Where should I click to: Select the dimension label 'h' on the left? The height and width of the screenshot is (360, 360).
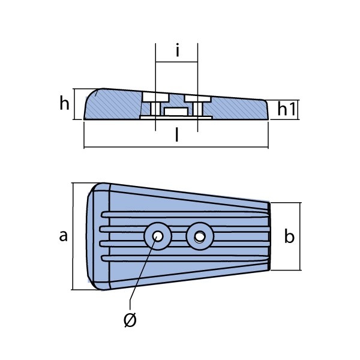[x=64, y=103]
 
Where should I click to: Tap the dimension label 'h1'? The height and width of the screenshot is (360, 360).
[x=287, y=109]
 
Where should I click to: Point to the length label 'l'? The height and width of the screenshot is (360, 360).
[x=176, y=134]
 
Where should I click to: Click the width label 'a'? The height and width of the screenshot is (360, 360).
[x=64, y=236]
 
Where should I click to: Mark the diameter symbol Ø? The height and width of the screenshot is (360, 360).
[x=130, y=320]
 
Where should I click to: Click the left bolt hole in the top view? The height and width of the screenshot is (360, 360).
[x=158, y=236]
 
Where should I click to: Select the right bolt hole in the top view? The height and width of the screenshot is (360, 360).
[x=199, y=236]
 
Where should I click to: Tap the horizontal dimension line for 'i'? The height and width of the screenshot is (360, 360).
[x=176, y=62]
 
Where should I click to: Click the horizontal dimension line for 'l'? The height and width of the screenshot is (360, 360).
[x=176, y=147]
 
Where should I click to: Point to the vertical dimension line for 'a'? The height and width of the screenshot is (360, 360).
[x=73, y=236]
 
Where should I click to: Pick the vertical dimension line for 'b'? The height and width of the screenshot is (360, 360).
[x=299, y=236]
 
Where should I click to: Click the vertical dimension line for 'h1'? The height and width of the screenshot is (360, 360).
[x=298, y=110]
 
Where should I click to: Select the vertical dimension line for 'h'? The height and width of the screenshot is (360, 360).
[x=74, y=104]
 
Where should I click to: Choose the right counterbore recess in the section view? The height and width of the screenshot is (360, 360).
[x=197, y=99]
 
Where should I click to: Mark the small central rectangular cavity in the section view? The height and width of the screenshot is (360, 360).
[x=176, y=112]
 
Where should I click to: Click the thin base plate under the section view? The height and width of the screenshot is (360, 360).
[x=176, y=118]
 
